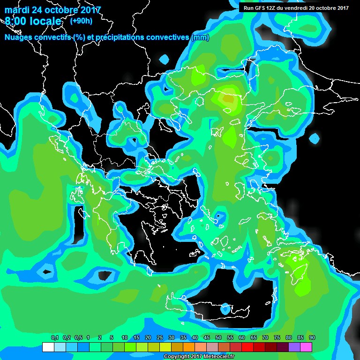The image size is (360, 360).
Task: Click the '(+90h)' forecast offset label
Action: click(x=81, y=21)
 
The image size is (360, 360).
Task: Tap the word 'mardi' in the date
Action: click(x=17, y=10)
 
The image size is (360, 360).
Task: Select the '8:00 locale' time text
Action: click(x=33, y=22)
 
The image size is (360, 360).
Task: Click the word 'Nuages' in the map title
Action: click(x=19, y=37)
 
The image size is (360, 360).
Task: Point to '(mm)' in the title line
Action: click(x=200, y=37)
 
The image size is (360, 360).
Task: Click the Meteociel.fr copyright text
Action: click(x=199, y=357)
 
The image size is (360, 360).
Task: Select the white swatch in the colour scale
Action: click(x=48, y=347)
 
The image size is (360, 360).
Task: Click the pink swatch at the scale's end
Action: click(x=306, y=347)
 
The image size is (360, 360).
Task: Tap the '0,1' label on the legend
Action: click(x=54, y=338)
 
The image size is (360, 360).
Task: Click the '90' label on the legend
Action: click(x=312, y=338)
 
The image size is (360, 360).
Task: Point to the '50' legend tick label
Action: click(x=218, y=338)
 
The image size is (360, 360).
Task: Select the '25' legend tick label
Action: click(x=160, y=338)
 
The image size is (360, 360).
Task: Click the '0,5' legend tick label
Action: click(x=78, y=338)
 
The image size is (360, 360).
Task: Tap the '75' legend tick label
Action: click(x=277, y=338)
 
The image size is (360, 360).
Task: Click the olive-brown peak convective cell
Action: click(x=228, y=99)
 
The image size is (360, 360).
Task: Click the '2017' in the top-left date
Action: click(x=90, y=10)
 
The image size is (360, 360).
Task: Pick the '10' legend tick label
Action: click(x=125, y=338)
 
